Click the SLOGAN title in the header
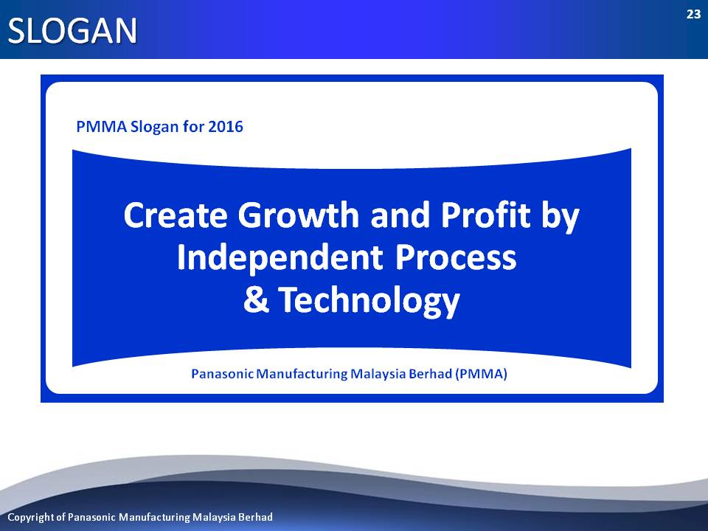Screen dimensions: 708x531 pyautogui.click(x=72, y=31)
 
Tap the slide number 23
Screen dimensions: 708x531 pyautogui.click(x=693, y=15)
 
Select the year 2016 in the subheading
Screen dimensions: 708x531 pyautogui.click(x=226, y=126)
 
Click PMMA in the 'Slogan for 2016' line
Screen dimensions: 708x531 pyautogui.click(x=102, y=126)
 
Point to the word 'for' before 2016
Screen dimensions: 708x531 pyautogui.click(x=193, y=126)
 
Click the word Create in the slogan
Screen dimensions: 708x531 pyautogui.click(x=176, y=215)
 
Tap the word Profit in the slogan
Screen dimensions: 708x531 pyautogui.click(x=486, y=215)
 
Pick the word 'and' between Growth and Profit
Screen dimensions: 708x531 pyautogui.click(x=400, y=215)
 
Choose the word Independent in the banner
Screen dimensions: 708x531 pyautogui.click(x=280, y=257)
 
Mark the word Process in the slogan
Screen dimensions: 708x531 pyautogui.click(x=456, y=257)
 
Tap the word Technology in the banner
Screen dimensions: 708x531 pyautogui.click(x=369, y=301)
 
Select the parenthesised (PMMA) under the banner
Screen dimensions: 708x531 pyautogui.click(x=482, y=374)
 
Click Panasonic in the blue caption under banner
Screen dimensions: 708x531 pyautogui.click(x=222, y=374)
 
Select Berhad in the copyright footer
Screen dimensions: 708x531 pyautogui.click(x=256, y=516)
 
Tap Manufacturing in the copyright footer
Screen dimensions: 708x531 pyautogui.click(x=154, y=517)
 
